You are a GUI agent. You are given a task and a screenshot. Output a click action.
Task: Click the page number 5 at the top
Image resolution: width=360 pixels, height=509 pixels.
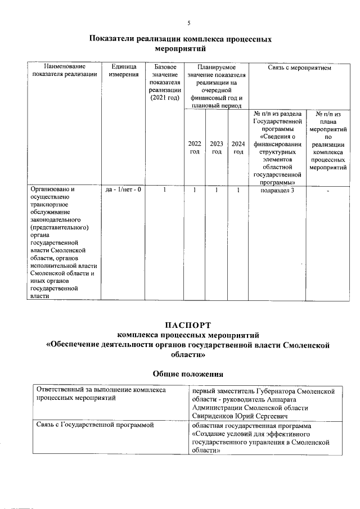[188, 23]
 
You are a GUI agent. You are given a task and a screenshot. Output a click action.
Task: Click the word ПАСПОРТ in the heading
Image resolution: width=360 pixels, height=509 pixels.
[188, 325]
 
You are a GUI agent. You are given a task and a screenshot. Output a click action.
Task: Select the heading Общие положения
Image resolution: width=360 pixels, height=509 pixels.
[188, 373]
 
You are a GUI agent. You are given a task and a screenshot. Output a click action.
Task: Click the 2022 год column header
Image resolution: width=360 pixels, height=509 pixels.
[195, 148]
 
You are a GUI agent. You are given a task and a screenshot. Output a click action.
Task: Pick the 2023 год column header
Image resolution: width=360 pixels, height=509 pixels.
[217, 148]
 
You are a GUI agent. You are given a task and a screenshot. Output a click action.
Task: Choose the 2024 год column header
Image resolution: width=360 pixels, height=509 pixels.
[238, 148]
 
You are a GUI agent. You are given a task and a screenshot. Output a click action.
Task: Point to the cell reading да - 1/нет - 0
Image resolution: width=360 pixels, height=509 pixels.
[123, 190]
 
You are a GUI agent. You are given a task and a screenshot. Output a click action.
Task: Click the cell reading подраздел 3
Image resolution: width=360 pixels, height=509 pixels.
[278, 190]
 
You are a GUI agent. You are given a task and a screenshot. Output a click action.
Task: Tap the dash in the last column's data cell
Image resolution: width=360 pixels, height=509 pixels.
[328, 191]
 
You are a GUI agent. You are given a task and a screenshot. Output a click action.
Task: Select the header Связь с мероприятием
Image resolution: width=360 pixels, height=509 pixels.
[299, 67]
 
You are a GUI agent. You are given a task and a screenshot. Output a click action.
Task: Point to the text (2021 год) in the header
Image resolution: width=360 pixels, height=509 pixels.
[165, 98]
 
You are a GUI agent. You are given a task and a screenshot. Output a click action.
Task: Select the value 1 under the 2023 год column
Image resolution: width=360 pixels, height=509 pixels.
[217, 190]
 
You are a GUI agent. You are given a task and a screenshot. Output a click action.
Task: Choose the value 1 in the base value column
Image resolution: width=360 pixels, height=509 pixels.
[165, 190]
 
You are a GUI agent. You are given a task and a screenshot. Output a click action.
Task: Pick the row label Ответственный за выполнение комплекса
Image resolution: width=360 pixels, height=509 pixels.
[101, 390]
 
